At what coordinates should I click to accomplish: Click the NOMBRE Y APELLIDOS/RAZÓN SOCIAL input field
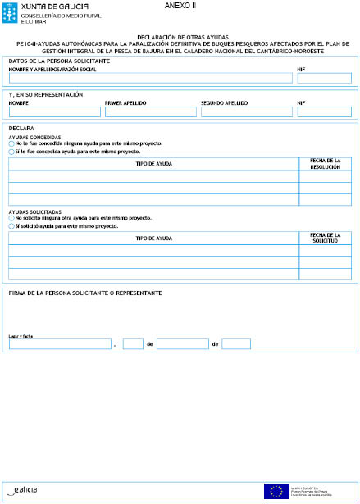click(x=150, y=79)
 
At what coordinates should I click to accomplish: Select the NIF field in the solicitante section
click(x=324, y=79)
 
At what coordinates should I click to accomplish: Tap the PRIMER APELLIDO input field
click(x=150, y=111)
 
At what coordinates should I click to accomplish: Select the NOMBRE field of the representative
click(x=53, y=111)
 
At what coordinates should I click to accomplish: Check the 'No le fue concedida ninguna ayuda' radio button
click(x=11, y=143)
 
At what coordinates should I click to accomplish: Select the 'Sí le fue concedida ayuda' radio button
click(x=11, y=152)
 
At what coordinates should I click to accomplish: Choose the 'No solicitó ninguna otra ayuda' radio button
click(x=11, y=218)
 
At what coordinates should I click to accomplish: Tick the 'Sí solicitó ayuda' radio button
click(x=11, y=225)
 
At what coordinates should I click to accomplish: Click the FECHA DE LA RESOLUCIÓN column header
click(x=326, y=164)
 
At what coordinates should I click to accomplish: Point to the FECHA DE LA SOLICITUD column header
click(x=326, y=238)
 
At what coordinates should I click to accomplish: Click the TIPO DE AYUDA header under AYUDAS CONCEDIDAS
click(x=153, y=164)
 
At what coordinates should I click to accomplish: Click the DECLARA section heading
click(x=21, y=129)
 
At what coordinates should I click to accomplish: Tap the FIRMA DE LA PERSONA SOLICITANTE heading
click(x=84, y=293)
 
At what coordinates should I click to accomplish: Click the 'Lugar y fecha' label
click(x=21, y=336)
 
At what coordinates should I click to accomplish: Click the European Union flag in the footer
click(x=274, y=491)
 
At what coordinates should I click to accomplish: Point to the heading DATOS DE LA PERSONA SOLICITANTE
click(x=58, y=62)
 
